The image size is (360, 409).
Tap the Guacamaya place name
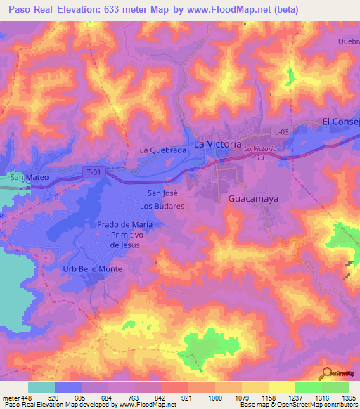coord(253,199)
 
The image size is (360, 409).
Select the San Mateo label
coord(29,178)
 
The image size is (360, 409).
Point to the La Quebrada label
coord(162,150)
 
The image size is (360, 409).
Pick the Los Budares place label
coord(162,207)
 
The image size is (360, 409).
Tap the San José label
coord(161,193)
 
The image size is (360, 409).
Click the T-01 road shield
coord(91,171)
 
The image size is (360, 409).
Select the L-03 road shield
coord(282,132)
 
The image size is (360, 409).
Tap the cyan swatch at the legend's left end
coord(41,387)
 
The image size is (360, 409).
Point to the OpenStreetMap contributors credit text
coord(321,405)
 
